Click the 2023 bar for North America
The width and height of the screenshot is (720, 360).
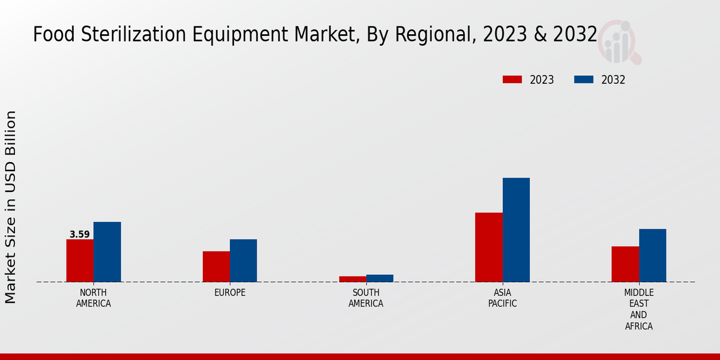tap(80, 260)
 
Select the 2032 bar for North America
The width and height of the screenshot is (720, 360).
tap(107, 252)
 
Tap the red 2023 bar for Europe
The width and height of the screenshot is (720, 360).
tap(216, 266)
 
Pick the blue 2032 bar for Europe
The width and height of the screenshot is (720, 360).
tap(243, 260)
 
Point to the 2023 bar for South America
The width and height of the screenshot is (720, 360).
tap(352, 279)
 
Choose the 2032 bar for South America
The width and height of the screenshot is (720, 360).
tap(380, 278)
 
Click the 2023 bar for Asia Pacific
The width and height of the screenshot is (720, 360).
tap(488, 247)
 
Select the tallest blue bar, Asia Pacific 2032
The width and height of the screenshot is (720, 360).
tap(516, 230)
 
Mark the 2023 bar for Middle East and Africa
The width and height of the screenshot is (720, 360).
tap(625, 264)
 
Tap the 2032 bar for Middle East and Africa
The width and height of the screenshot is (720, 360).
tap(652, 255)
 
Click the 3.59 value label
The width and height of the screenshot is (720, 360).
tap(79, 235)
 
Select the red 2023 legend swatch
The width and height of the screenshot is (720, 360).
tap(512, 80)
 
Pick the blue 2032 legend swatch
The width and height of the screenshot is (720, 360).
tap(584, 80)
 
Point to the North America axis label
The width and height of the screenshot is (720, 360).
tap(93, 298)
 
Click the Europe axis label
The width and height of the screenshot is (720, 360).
tap(230, 293)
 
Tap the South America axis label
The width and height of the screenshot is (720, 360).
tap(366, 298)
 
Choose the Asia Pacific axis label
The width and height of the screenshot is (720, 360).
tap(502, 298)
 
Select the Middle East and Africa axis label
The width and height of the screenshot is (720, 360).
tap(638, 310)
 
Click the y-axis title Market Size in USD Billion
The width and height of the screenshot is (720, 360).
tap(11, 207)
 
